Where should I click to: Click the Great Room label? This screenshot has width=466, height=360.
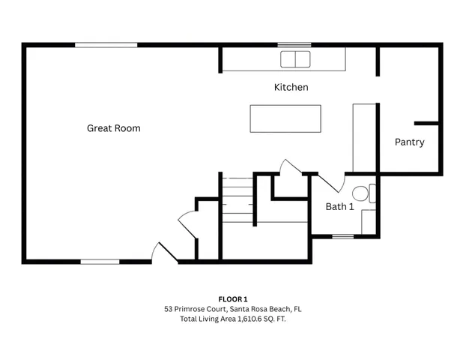click(x=114, y=128)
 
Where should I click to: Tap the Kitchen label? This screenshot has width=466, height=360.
click(x=291, y=87)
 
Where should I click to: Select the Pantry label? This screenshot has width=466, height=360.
click(x=409, y=142)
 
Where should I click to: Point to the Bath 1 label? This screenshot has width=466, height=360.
click(x=339, y=206)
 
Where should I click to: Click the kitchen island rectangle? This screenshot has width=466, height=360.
click(x=285, y=119)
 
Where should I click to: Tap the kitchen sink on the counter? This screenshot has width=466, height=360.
click(x=295, y=59)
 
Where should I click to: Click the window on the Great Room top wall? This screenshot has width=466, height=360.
click(x=106, y=46)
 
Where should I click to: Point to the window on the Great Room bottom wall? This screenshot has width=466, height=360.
click(x=100, y=262)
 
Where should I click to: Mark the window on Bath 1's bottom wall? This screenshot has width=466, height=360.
click(x=342, y=237)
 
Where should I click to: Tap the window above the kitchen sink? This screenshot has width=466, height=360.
click(x=294, y=46)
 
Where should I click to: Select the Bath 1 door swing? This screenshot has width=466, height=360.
click(x=330, y=181)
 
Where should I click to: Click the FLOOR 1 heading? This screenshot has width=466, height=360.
click(x=232, y=298)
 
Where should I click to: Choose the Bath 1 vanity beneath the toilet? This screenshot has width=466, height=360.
click(x=368, y=222)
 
